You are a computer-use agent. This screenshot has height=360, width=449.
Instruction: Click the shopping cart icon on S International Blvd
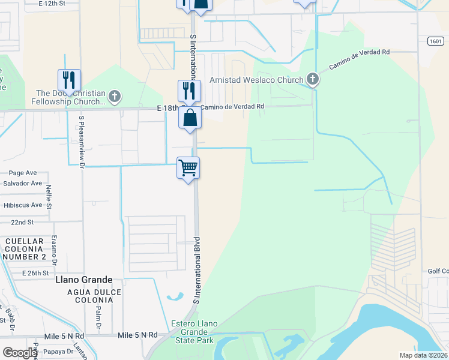tap(188, 167)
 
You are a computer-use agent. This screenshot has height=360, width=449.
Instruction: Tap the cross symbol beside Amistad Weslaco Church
tap(312, 79)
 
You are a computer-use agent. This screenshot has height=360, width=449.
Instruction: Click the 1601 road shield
tap(436, 41)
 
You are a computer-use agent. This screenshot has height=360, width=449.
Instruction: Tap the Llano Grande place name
tap(83, 280)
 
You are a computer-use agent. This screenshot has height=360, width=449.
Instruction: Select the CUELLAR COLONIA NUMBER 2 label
tap(25, 249)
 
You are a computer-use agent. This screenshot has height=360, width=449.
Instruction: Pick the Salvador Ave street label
tap(22, 183)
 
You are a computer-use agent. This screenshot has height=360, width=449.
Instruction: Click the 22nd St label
tap(22, 222)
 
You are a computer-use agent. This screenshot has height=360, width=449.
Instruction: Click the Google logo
tap(20, 352)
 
